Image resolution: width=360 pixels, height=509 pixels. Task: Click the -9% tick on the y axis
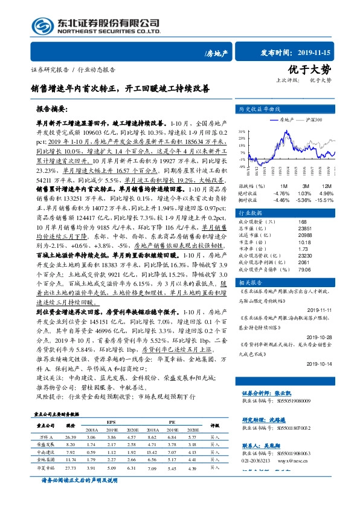[242, 166]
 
